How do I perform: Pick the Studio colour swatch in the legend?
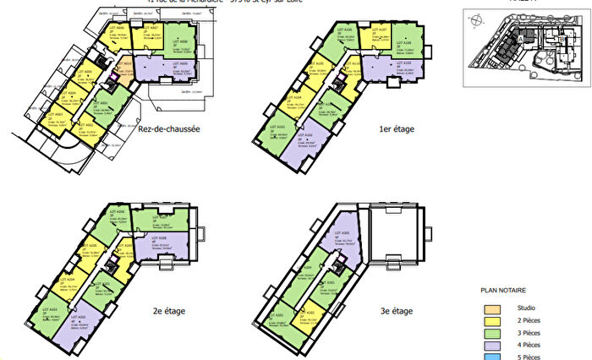point(491,308)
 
